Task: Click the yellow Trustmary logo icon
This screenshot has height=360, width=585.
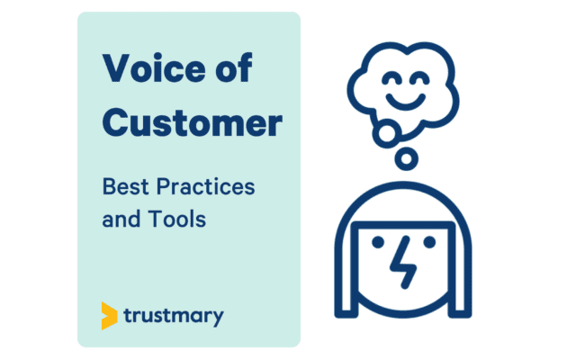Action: pos(109,316)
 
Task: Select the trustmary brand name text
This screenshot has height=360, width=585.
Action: pos(173,317)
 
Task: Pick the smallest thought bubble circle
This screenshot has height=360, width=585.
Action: pos(407,159)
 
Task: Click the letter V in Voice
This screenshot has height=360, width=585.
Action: pos(115,69)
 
